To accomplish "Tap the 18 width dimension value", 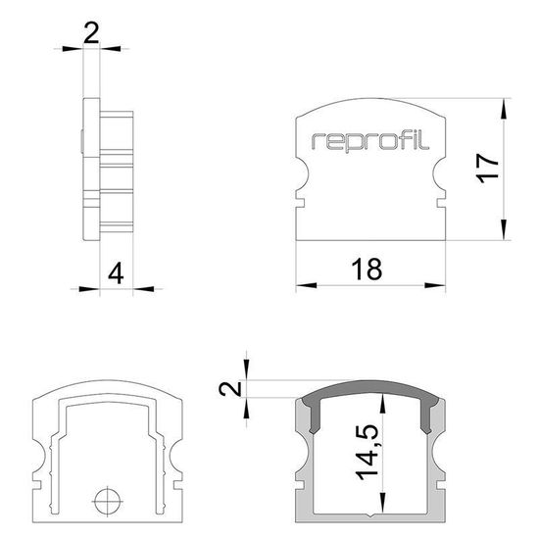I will pos(368,269).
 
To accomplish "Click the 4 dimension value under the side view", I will pos(117,270).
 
